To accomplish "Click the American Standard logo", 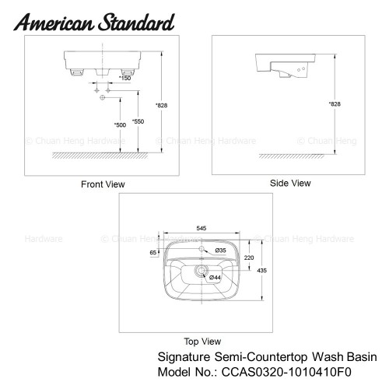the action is pos(94,23).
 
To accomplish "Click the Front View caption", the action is pos(103,184).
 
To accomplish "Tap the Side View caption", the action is pos(290,183).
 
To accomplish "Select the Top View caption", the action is pos(202,342).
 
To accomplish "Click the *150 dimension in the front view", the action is pos(124,78).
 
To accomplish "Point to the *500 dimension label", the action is pos(120,125).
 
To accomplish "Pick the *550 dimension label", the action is pos(138,121).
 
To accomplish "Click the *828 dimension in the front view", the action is pos(161,105).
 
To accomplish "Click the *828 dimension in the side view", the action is pos(335,104).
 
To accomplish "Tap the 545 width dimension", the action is pos(202,228).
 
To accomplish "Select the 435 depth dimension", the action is pos(261,271).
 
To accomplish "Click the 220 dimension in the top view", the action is pos(249,258).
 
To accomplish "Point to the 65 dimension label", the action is pos(153,253).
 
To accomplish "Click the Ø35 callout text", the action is pos(220,251).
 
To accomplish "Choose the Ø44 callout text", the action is pos(215,278).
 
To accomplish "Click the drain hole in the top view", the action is pos(202,271).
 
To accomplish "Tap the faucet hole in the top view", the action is pos(202,249).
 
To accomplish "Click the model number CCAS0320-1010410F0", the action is pos(286,372).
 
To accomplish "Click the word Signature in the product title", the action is pos(184,357).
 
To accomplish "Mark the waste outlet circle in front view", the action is pos(103,98).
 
